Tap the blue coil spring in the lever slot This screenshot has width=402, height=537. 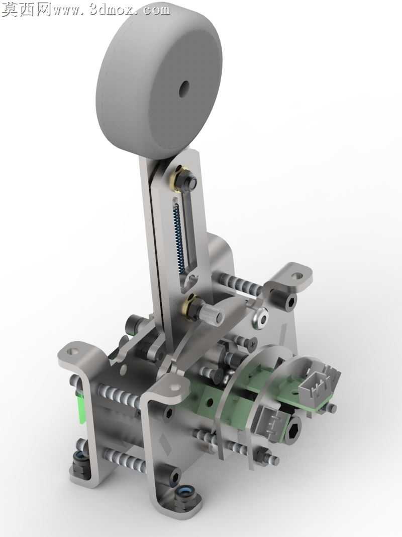pyautogui.click(x=179, y=238)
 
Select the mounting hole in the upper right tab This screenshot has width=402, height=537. pyautogui.click(x=298, y=275)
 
